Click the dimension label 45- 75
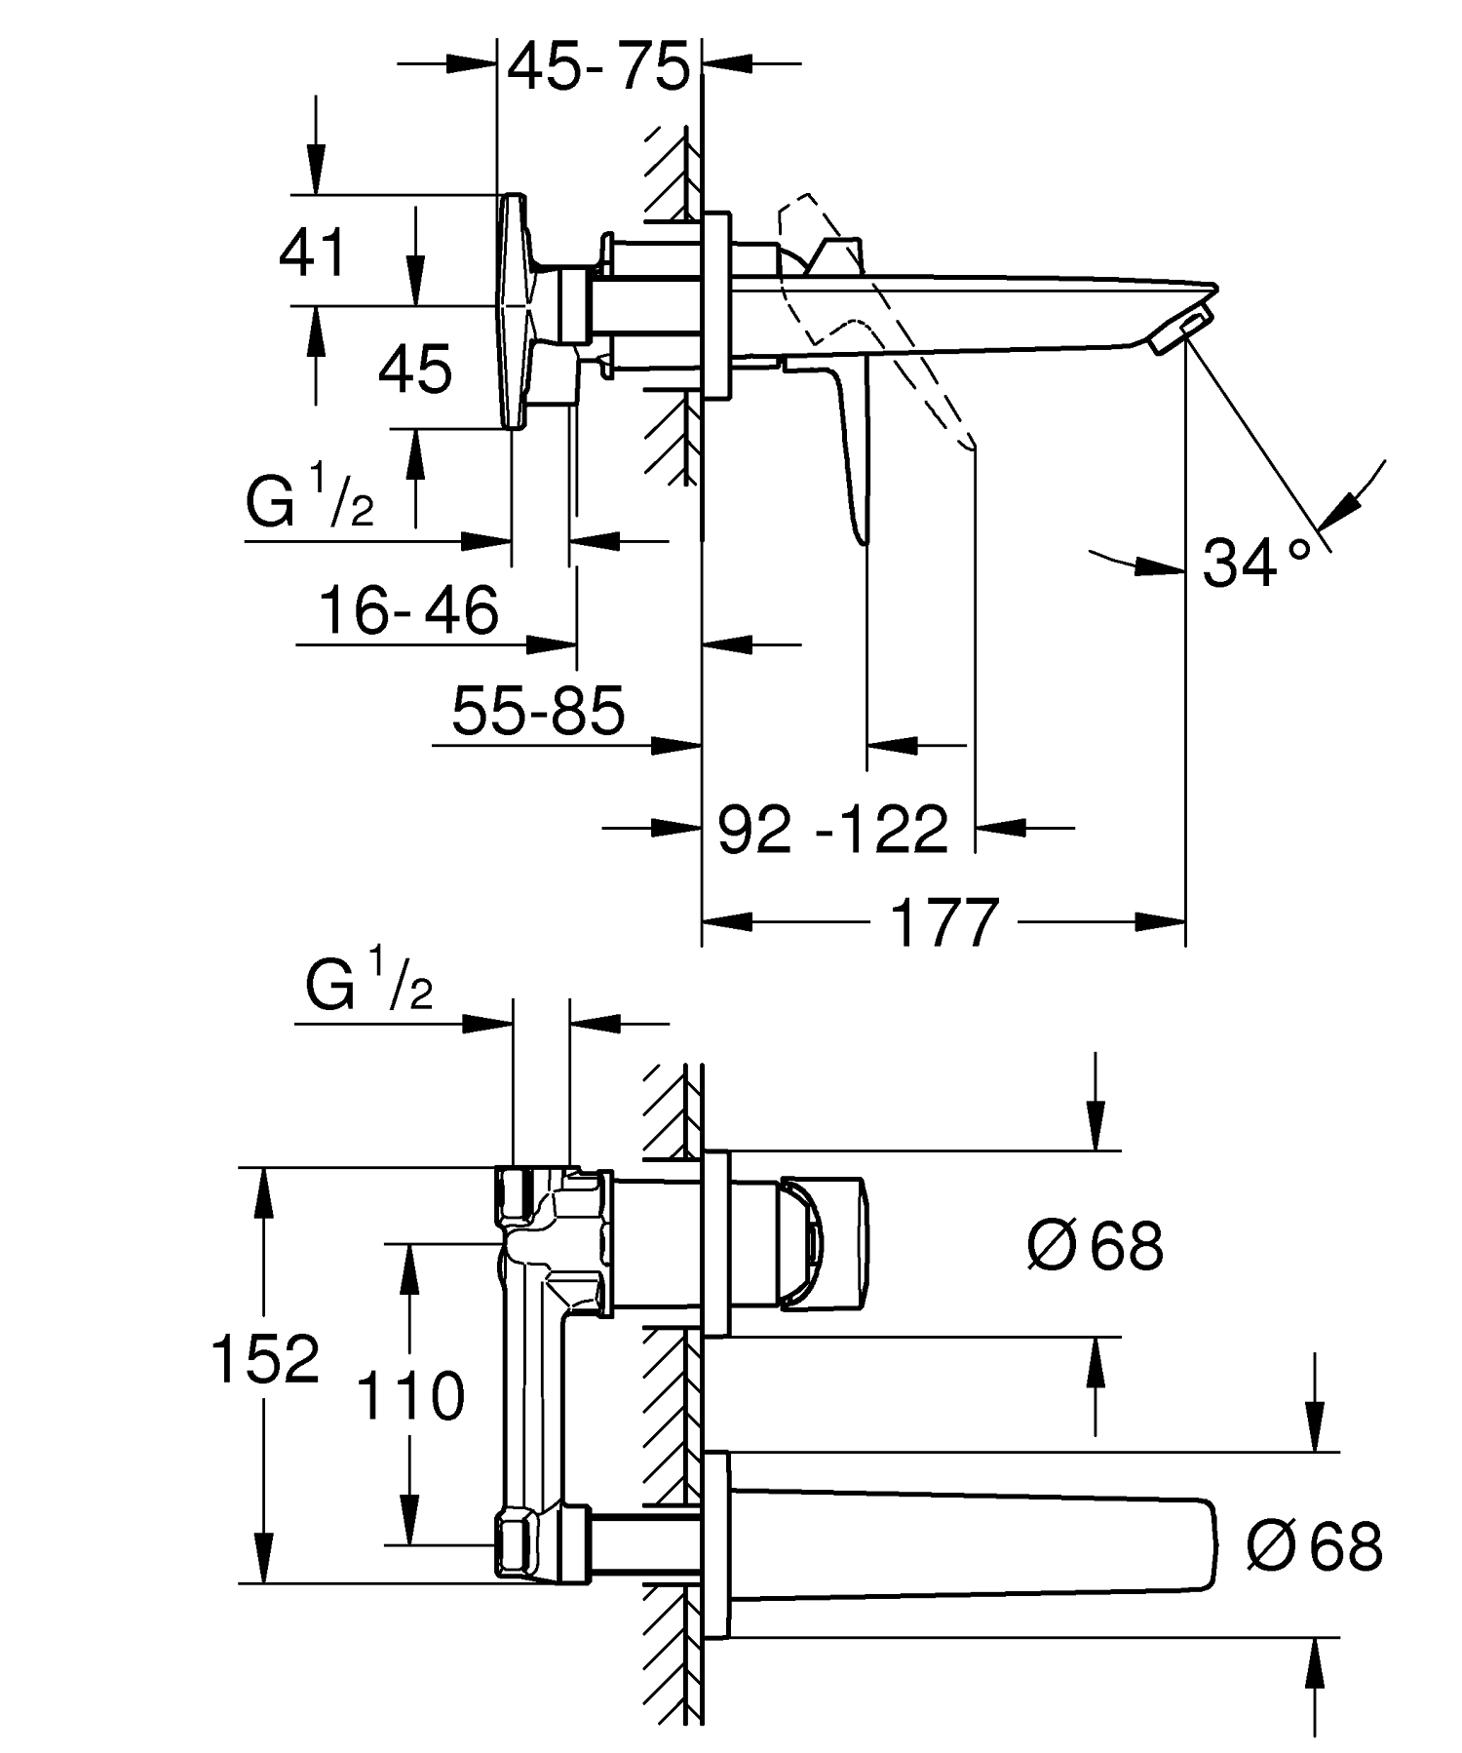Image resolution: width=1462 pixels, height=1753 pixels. point(598,65)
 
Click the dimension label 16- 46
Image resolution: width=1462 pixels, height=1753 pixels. point(409,610)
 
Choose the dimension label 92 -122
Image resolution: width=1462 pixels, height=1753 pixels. point(833,830)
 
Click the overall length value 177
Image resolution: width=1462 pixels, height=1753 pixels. point(945,922)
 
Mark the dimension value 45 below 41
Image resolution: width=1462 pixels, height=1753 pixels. point(415,369)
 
